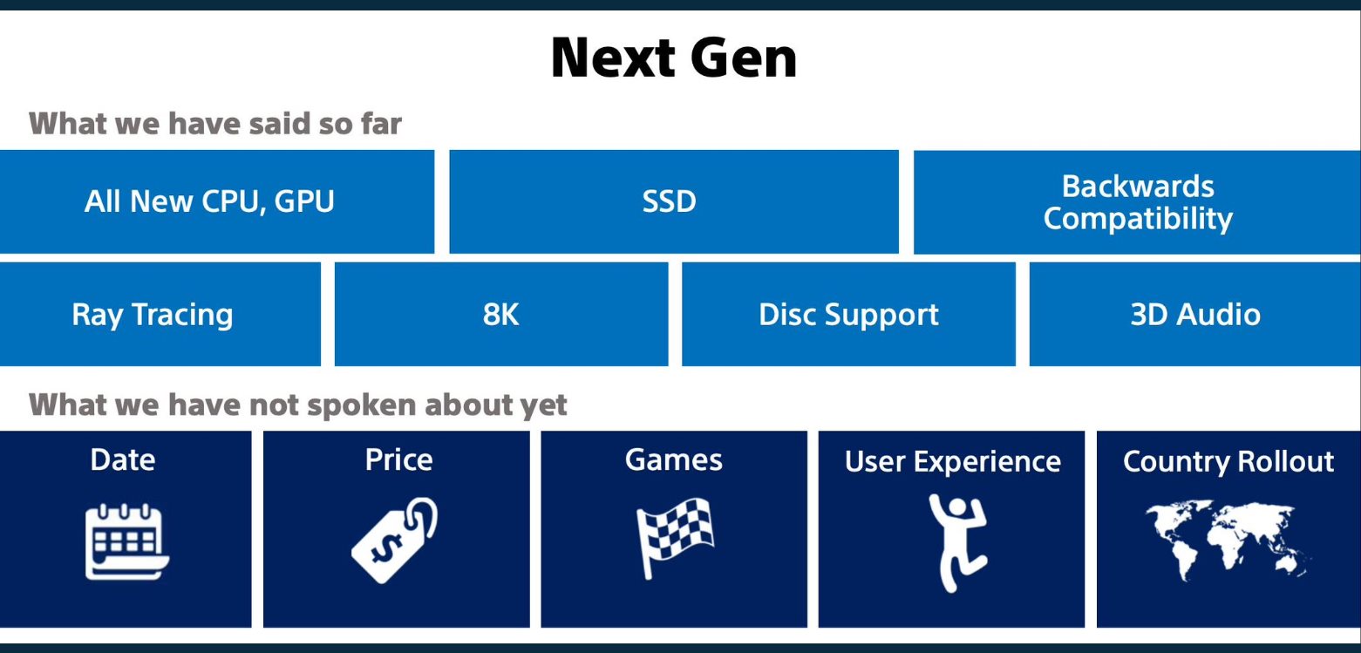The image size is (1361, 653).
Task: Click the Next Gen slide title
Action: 674,58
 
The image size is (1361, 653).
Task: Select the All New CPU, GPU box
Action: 217,201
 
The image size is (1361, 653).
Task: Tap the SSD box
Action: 674,201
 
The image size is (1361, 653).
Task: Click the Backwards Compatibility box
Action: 1137,202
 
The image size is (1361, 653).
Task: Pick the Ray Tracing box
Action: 160,314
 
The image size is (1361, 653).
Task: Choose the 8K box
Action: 501,314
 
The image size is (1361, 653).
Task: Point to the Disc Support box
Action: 849,314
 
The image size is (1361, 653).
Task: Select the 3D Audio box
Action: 1195,314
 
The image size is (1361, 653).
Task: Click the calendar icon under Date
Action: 127,541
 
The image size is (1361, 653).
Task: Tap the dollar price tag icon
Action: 395,541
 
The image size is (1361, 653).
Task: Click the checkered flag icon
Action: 675,538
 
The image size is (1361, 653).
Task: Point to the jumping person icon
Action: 957,543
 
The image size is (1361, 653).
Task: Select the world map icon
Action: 1228,540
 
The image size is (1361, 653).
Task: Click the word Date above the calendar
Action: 123,459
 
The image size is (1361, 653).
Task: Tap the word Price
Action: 398,459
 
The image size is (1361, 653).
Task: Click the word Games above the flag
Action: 674,459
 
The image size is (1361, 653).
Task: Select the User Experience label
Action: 953,462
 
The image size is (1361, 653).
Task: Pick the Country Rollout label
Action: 1228,462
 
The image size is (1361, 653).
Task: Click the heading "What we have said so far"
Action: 215,123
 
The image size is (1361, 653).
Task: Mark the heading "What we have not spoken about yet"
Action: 297,405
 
